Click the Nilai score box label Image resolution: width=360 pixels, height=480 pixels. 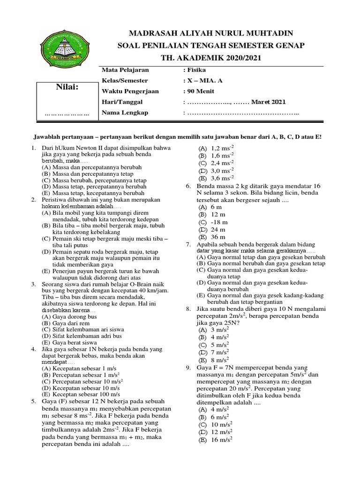tap(67, 87)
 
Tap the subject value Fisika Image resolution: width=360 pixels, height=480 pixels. tap(197, 70)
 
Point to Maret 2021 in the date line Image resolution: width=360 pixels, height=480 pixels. tap(268, 102)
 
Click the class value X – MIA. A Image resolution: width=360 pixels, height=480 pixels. tap(203, 81)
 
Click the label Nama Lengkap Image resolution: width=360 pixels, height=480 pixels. tap(125, 112)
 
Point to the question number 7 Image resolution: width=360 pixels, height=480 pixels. tap(188, 245)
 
